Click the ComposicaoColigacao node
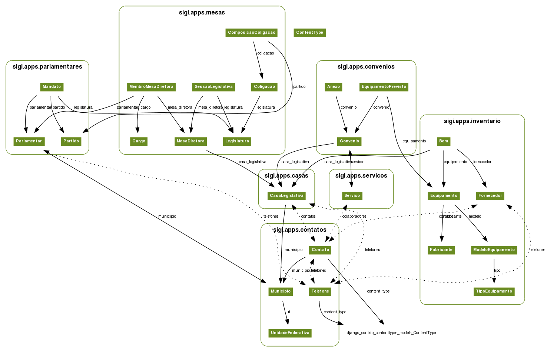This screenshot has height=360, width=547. [x=252, y=33]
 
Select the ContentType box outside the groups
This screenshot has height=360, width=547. [x=309, y=33]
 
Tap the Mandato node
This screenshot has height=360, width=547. [x=52, y=87]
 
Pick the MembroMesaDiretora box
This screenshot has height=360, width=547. [x=151, y=87]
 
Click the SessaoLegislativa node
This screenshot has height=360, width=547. [x=213, y=87]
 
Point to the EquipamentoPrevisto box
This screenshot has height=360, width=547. [x=384, y=87]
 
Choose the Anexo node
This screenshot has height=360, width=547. [x=334, y=87]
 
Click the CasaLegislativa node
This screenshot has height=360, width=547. [x=286, y=196]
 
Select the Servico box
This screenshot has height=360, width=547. [x=352, y=196]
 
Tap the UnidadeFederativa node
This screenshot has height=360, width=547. [x=290, y=333]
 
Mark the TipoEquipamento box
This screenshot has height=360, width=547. [x=494, y=291]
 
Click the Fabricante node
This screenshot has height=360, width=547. [x=441, y=250]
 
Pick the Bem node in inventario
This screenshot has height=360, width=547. [x=444, y=141]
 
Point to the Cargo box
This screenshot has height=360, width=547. [x=139, y=141]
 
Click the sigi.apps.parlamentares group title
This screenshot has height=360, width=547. [x=47, y=67]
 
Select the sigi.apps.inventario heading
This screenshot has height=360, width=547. [x=472, y=121]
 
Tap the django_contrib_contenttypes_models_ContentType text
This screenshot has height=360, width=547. [x=391, y=333]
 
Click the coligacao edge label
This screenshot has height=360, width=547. [x=266, y=53]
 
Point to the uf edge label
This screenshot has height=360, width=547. [x=288, y=312]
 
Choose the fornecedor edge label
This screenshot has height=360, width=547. [x=482, y=162]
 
